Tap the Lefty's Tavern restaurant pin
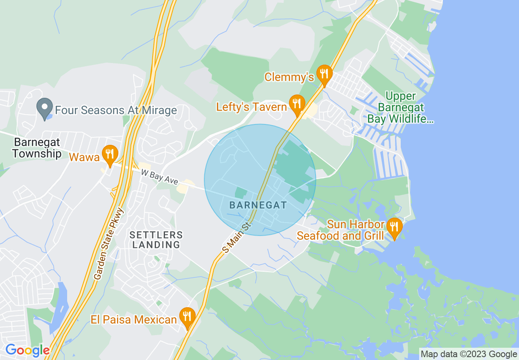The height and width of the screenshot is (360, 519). pos(297,104)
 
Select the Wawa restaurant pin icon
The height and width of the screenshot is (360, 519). pos(109,154)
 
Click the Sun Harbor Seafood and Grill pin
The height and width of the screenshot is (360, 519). pos(394,227)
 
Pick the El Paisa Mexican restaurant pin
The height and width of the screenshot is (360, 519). pos(187,317)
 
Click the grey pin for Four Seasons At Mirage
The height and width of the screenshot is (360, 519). pos(44,108)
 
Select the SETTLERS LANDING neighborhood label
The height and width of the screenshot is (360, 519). pos(156,240)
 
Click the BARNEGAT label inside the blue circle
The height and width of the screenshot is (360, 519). pos(258,205)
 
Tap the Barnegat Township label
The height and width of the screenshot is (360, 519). pos(37,148)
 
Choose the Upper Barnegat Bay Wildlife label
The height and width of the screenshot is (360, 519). pos(400,108)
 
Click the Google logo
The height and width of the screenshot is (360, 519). pos(27,351)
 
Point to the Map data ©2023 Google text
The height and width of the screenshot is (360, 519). pos(469,354)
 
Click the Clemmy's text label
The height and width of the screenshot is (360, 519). pos(289,77)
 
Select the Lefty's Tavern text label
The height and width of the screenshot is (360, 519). pos(252,107)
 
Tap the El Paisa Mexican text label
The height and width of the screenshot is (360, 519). pos(134,319)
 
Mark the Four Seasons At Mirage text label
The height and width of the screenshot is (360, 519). pos(116,110)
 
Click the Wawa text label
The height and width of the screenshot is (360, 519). pos(84,157)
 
